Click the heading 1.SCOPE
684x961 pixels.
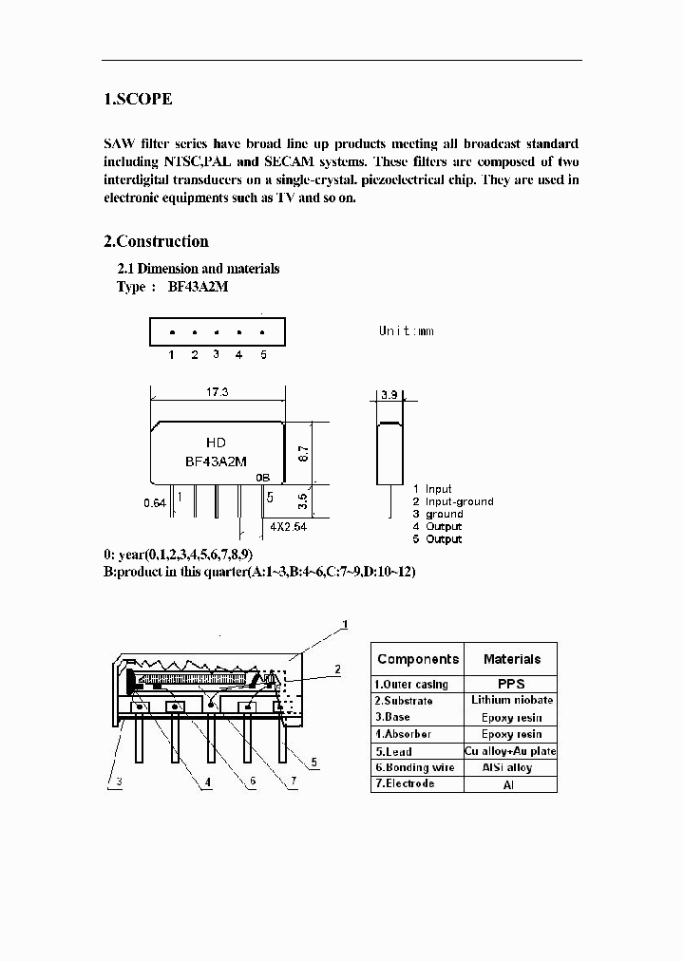point(138,99)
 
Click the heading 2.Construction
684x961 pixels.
point(156,241)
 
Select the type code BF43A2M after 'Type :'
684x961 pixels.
point(199,287)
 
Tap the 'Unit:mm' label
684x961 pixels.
point(406,330)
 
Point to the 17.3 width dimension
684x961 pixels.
point(218,391)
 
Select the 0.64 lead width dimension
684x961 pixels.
point(154,501)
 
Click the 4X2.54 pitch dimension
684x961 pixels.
point(287,525)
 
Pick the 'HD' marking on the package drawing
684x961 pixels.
point(216,443)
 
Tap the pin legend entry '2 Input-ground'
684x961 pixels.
point(452,501)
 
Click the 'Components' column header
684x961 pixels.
point(418,659)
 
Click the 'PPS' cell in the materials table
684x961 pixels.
point(511,684)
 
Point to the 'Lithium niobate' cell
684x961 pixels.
point(511,700)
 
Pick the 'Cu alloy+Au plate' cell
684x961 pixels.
point(511,751)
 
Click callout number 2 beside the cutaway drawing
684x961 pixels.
point(336,669)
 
